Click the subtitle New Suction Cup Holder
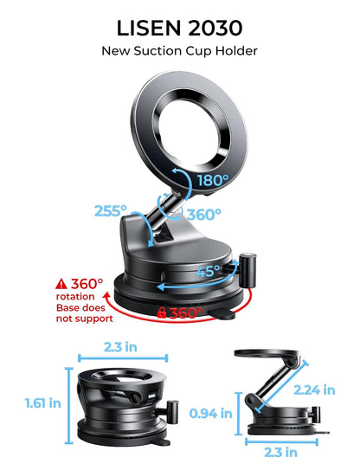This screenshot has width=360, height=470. (179, 50)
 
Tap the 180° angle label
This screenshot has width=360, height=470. (212, 180)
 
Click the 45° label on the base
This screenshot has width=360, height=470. (205, 271)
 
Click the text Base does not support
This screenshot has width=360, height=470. (85, 312)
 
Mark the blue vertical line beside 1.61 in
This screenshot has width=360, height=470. (67, 402)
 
